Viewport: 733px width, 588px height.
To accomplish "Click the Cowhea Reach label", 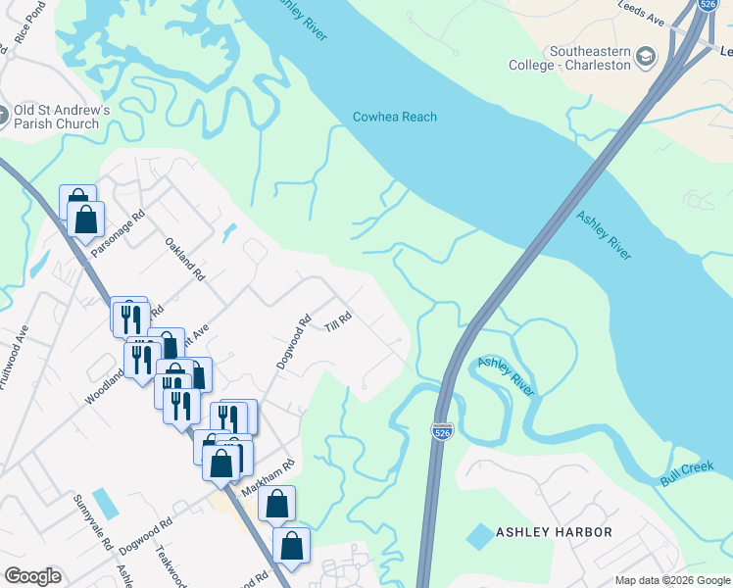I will point(394,118).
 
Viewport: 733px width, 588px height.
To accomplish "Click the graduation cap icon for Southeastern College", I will point(646,58).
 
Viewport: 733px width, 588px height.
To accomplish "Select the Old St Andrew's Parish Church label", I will point(56,117).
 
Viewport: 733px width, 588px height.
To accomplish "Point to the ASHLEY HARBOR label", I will point(554,532).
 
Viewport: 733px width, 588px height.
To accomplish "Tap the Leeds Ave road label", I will point(642,13).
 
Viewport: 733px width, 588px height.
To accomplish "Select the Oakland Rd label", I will point(183,260).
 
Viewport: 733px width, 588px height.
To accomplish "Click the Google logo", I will point(32,576).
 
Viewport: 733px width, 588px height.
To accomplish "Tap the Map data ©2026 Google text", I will point(671,580).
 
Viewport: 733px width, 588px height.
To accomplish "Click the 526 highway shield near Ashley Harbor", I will point(441,430).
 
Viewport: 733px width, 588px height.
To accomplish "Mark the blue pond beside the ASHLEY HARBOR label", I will point(480,536).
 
